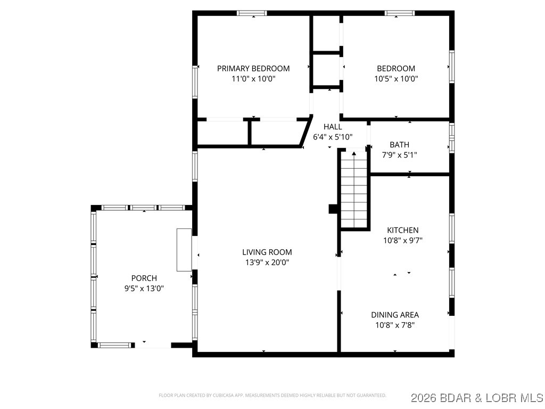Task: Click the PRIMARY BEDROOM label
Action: tap(253, 68)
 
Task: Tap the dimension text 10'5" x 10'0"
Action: tap(396, 78)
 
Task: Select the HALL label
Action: tap(333, 127)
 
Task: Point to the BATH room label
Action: tap(399, 144)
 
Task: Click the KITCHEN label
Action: tap(402, 230)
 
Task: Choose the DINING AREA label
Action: tap(395, 315)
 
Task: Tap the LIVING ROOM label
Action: tap(267, 252)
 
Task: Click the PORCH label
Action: tap(144, 278)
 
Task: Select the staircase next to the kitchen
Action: tap(354, 190)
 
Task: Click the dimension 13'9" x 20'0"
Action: tap(267, 262)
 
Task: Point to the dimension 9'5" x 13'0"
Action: tap(144, 288)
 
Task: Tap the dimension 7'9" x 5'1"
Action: tap(399, 155)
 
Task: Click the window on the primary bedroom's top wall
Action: tap(252, 13)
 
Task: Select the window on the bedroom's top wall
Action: tap(400, 13)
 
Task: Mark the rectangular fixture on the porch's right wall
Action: tap(184, 250)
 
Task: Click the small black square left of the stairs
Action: tap(333, 209)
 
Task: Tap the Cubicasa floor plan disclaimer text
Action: tap(272, 395)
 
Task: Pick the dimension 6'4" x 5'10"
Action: tap(333, 137)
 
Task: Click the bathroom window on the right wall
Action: tap(452, 137)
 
